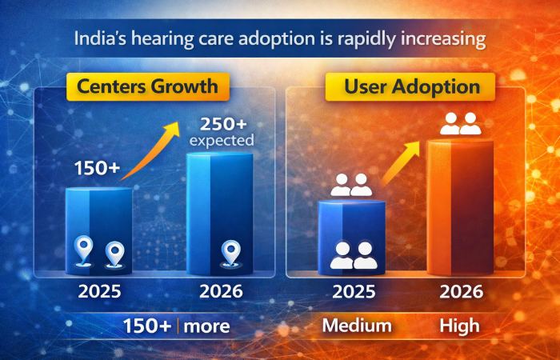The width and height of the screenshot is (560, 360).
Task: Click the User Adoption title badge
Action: pos(412,86)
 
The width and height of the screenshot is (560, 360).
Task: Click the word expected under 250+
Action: pos(222,141)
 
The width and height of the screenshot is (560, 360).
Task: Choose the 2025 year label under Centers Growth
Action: pos(99,291)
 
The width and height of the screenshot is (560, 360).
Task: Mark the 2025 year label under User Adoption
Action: pos(353,291)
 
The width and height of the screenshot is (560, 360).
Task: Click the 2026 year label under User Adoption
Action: pos(461,291)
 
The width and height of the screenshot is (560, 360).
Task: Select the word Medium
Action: pos(357,326)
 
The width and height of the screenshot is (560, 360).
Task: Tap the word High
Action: pos(460,326)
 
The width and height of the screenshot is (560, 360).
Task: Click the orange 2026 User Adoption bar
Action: pos(460,208)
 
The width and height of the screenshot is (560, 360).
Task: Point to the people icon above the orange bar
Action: pos(461,123)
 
